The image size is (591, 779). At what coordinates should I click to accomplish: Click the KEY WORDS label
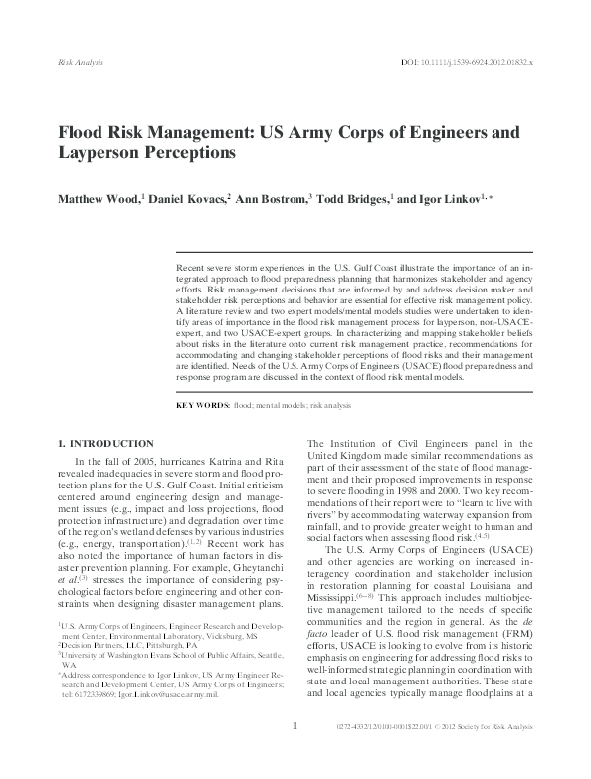pos(201,407)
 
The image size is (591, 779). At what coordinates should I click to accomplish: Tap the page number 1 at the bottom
pos(295,754)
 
